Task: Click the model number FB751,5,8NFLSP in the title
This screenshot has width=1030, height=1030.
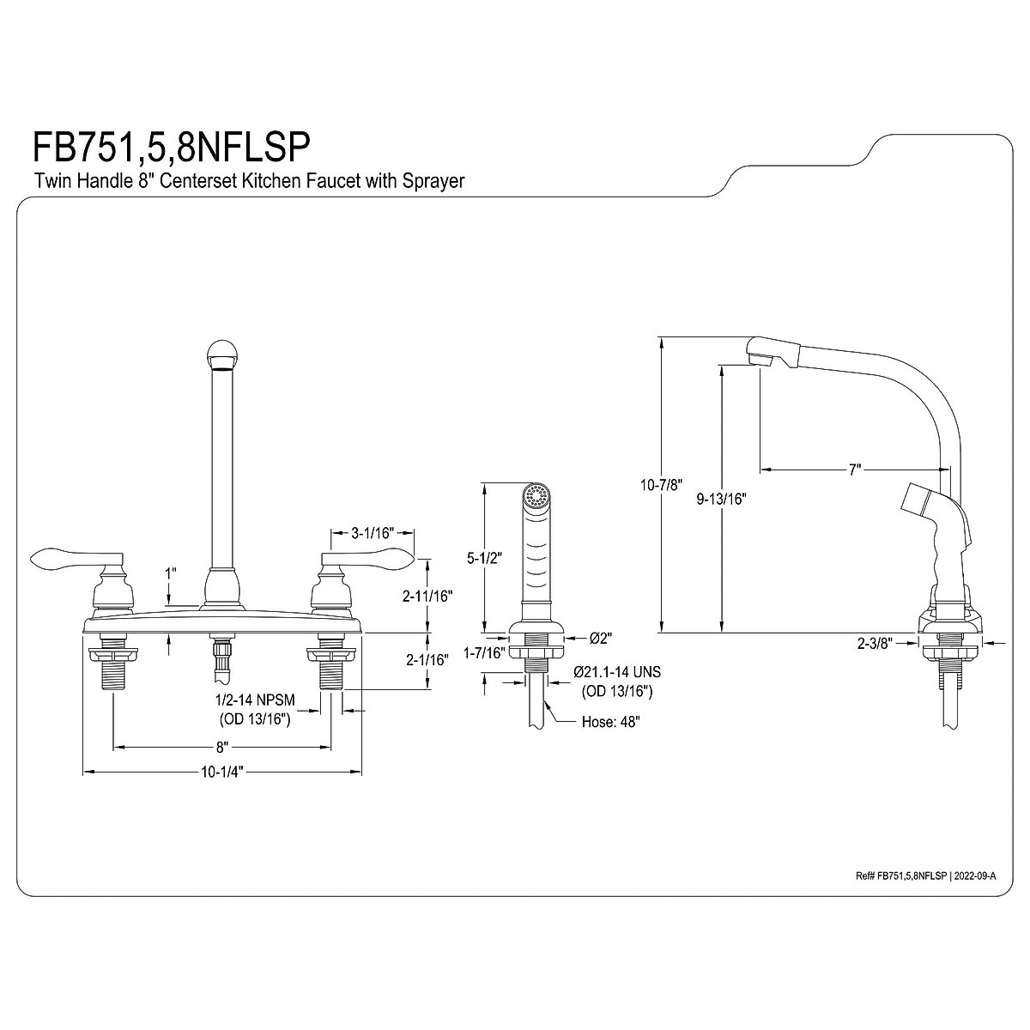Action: click(x=172, y=148)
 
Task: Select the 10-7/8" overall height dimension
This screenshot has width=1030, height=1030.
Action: click(x=662, y=485)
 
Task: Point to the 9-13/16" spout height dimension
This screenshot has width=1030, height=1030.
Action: click(x=721, y=500)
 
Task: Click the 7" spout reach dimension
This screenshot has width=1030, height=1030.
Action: click(x=855, y=470)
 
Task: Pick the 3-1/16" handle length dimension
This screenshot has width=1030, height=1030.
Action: click(x=373, y=533)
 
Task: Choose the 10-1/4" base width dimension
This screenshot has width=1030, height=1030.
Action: click(x=222, y=772)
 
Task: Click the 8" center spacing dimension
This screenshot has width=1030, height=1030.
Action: click(x=222, y=748)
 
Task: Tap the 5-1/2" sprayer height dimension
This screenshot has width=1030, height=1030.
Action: click(x=484, y=559)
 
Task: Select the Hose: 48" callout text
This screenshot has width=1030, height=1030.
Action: click(x=611, y=722)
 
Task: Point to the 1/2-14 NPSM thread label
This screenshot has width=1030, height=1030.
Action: click(x=255, y=700)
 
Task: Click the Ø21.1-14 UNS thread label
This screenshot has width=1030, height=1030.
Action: click(x=617, y=672)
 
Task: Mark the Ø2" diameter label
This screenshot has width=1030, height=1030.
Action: click(x=601, y=639)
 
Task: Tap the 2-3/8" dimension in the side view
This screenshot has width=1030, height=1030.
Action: click(x=875, y=644)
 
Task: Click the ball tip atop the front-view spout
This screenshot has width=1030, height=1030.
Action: click(x=221, y=354)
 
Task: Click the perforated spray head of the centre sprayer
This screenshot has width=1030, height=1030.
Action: click(x=536, y=496)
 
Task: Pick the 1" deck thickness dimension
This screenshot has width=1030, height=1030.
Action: click(x=171, y=573)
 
